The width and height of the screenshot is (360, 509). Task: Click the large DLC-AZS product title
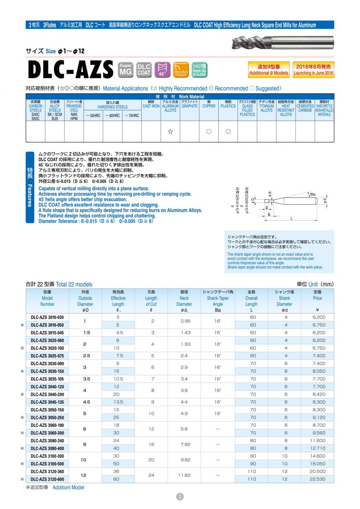70,70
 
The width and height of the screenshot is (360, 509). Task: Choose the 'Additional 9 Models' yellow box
268,70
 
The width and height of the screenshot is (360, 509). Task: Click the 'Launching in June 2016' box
313,70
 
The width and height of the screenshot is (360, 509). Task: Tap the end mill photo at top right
283,42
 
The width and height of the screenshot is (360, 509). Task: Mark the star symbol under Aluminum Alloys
170,131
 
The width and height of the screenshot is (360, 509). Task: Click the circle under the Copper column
209,131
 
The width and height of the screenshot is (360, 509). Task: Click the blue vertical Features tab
30,187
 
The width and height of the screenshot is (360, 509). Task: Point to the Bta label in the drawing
313,194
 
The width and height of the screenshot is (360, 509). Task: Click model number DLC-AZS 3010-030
47,317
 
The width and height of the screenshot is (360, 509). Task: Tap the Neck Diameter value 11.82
184,475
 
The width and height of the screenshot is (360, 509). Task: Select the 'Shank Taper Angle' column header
218,298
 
